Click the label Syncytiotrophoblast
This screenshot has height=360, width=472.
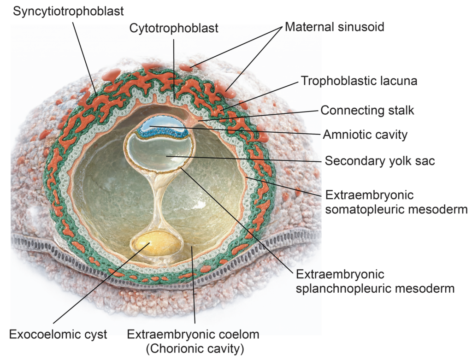point(68,11)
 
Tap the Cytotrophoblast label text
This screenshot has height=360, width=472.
point(174,28)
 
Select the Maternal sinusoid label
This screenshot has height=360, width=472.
point(334,26)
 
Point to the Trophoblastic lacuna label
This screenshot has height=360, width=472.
point(359,81)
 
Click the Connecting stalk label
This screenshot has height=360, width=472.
point(367,111)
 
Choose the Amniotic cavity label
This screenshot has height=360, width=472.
point(365,135)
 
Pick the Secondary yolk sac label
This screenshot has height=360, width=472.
point(380,161)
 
